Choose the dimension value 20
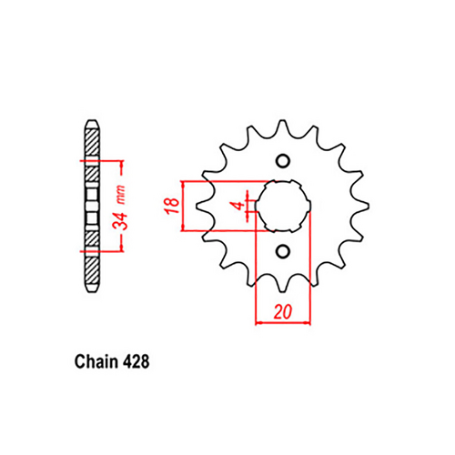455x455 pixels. tap(282, 310)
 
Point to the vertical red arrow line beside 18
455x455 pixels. tap(186, 206)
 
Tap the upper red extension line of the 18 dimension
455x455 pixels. tap(218, 180)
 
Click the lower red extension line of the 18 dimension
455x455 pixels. tap(218, 231)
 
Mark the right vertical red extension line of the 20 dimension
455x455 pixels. tap(309, 273)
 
